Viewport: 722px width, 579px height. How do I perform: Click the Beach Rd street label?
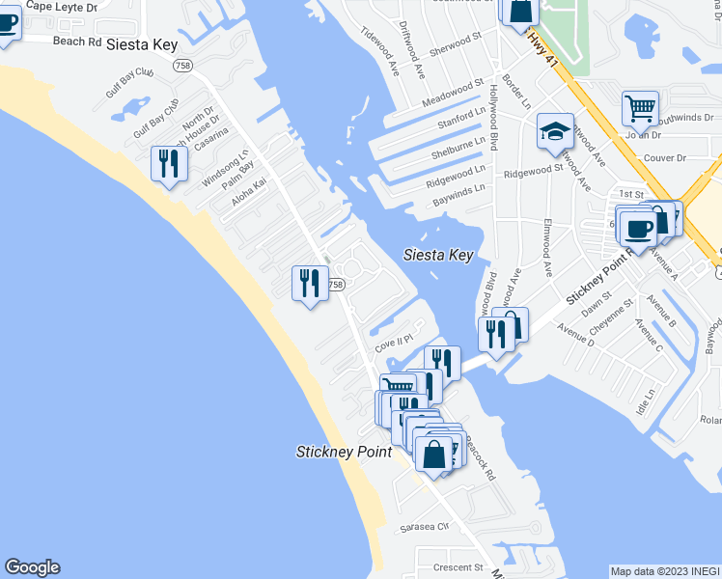[77, 41]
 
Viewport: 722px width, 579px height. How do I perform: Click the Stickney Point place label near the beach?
[344, 452]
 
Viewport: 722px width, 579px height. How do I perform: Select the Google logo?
[32, 567]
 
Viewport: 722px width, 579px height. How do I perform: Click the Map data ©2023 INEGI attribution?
[665, 570]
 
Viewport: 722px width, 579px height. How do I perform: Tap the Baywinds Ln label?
[458, 192]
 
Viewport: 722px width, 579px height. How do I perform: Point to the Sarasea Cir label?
[425, 528]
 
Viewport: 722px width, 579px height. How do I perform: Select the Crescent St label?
[458, 567]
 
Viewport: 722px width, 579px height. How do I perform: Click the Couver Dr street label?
[664, 157]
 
